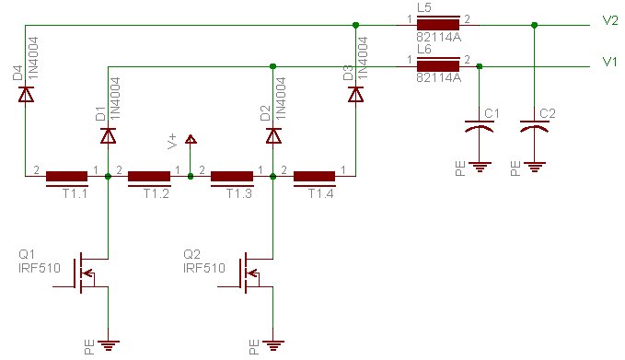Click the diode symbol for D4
[26, 94]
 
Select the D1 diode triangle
[108, 135]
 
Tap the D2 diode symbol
[273, 135]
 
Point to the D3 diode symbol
[355, 94]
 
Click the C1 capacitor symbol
[480, 126]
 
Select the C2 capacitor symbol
[535, 126]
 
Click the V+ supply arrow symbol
[191, 139]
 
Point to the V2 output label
[610, 21]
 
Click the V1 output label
[610, 62]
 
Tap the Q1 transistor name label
[27, 254]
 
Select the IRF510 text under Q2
[204, 268]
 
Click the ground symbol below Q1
[108, 345]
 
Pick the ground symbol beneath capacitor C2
[535, 167]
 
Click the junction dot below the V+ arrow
[191, 176]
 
